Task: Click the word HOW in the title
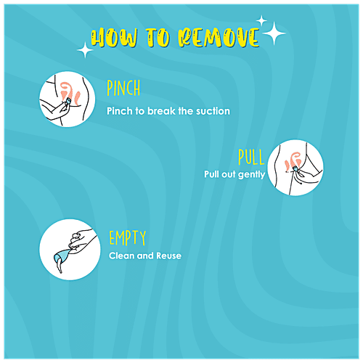pyautogui.click(x=114, y=38)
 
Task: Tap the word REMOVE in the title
pyautogui.click(x=219, y=37)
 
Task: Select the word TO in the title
pyautogui.click(x=158, y=37)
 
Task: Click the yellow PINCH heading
pyautogui.click(x=123, y=88)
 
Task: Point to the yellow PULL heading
pyautogui.click(x=251, y=157)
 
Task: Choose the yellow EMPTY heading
pyautogui.click(x=128, y=237)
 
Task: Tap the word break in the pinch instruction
pyautogui.click(x=161, y=111)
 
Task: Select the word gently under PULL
pyautogui.click(x=252, y=175)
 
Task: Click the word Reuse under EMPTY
pyautogui.click(x=168, y=256)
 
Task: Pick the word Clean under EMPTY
pyautogui.click(x=121, y=256)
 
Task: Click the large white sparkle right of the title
pyautogui.click(x=274, y=33)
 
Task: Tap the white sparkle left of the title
pyautogui.click(x=85, y=50)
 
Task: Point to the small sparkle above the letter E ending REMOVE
pyautogui.click(x=261, y=21)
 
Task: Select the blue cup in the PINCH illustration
pyautogui.click(x=68, y=100)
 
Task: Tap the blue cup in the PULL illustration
pyautogui.click(x=295, y=168)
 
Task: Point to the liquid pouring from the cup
pyautogui.click(x=59, y=267)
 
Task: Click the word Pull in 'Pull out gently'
pyautogui.click(x=211, y=174)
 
